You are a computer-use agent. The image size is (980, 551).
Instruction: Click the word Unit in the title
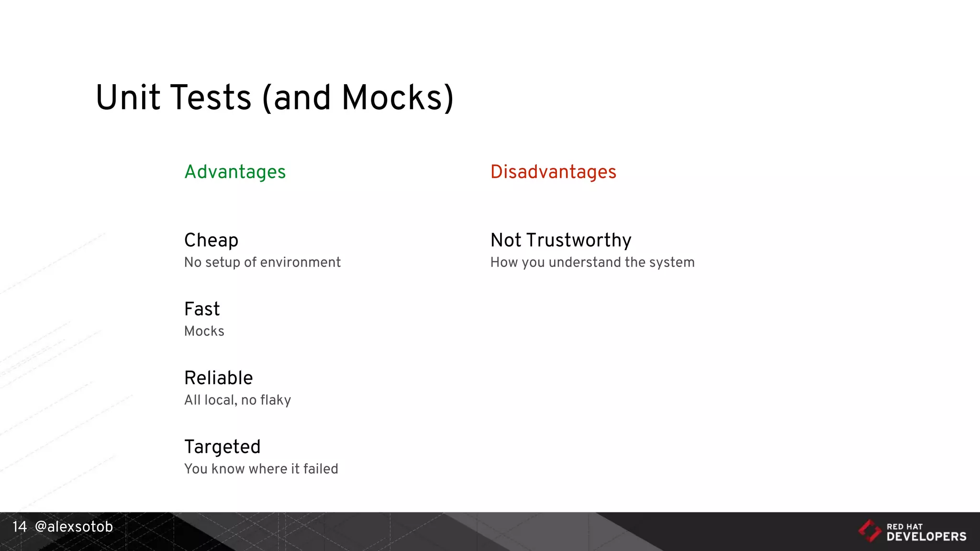click(128, 98)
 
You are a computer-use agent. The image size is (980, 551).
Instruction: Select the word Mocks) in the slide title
click(397, 98)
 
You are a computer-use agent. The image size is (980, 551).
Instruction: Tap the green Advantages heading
click(235, 172)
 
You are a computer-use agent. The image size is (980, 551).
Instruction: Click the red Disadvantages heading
click(553, 172)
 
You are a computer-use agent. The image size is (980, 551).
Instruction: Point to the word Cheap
click(211, 241)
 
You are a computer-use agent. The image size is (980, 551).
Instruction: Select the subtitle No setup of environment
click(262, 263)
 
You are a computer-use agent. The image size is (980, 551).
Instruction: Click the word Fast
click(202, 309)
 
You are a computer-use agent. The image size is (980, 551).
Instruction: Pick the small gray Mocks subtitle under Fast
click(204, 331)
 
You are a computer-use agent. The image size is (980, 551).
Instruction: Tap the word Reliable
click(219, 378)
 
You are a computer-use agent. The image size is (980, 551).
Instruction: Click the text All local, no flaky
click(237, 400)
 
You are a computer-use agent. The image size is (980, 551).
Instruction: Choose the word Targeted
click(223, 447)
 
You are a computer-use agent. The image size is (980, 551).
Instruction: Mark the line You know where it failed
click(261, 469)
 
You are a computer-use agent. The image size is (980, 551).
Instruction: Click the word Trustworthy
click(579, 241)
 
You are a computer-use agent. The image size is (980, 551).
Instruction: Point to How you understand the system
click(592, 263)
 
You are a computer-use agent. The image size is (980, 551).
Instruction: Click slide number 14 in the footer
click(20, 527)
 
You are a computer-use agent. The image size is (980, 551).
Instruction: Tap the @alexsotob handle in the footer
click(74, 527)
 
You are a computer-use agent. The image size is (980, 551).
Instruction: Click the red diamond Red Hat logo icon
click(869, 531)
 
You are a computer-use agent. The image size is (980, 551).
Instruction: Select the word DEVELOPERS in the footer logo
click(926, 537)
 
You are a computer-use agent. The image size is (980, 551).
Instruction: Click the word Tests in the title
click(211, 98)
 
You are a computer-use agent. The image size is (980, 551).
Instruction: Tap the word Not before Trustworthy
click(506, 241)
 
